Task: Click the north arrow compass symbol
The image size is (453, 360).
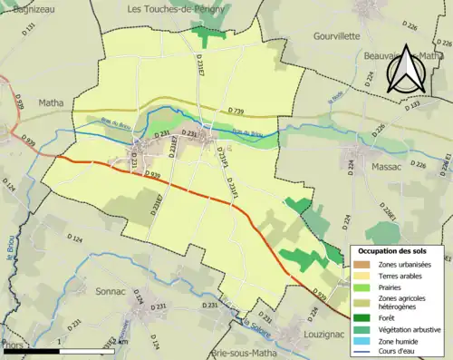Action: tap(405, 65)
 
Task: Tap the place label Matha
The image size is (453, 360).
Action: tap(51, 103)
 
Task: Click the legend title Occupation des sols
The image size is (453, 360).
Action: tap(394, 250)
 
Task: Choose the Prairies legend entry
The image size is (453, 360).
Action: tap(386, 287)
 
